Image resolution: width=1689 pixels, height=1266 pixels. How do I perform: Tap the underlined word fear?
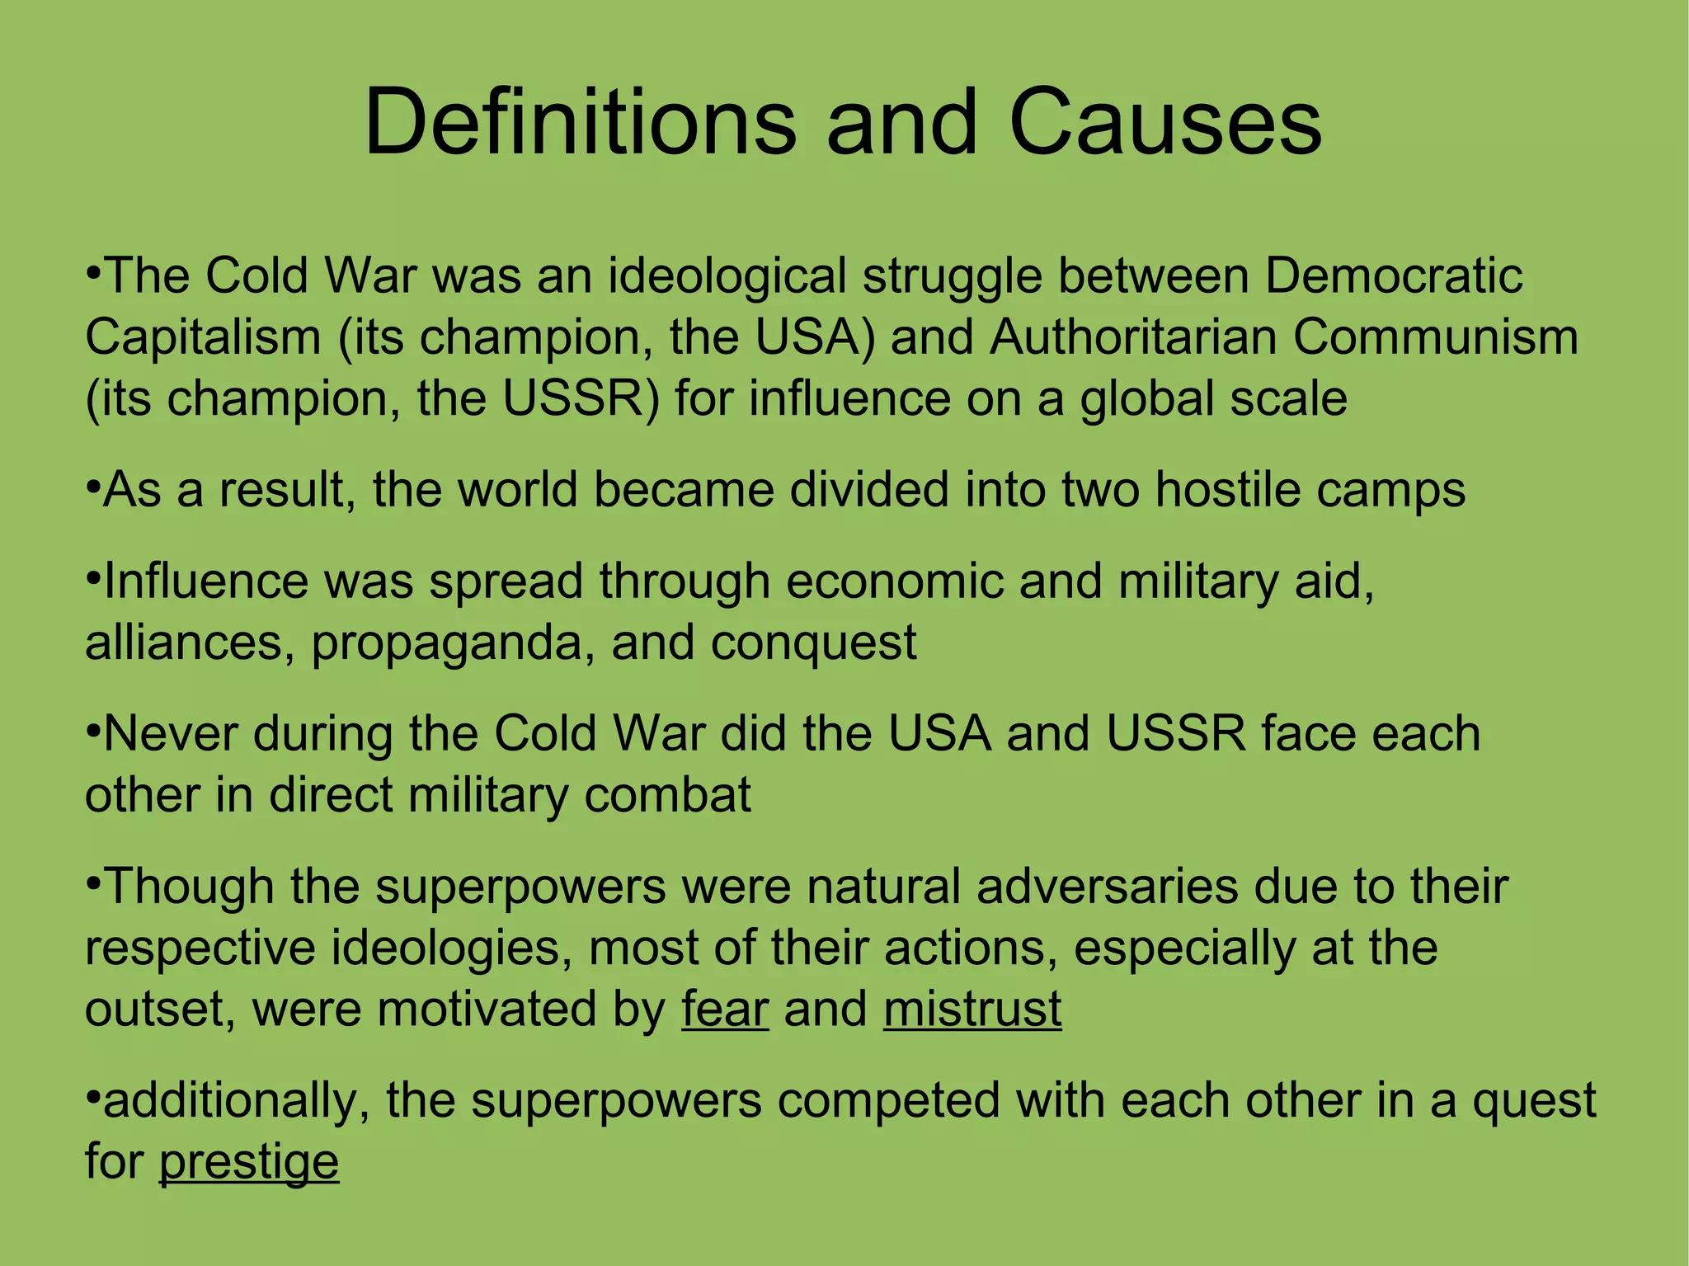coord(725,1009)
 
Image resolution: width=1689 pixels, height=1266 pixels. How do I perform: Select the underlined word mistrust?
coord(972,1009)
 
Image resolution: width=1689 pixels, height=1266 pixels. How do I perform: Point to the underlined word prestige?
coord(248,1163)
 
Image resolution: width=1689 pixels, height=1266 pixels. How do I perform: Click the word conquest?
coord(813,643)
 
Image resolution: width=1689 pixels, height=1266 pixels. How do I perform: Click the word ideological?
coord(727,276)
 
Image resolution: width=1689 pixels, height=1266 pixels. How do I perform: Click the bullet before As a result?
coord(92,487)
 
